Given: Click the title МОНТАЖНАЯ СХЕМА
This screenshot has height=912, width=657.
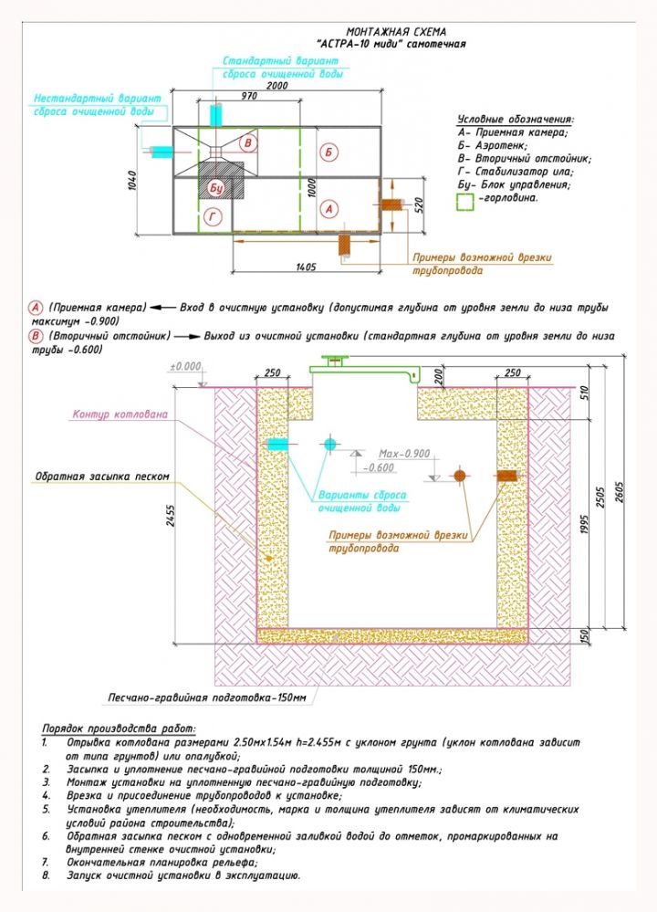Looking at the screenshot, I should point(397,31).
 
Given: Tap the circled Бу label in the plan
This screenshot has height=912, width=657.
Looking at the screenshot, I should point(216,187).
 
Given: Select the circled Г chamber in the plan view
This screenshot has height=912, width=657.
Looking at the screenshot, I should point(212,216).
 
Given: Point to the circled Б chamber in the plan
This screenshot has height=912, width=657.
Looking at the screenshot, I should point(329,152).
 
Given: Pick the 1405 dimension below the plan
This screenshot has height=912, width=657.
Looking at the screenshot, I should point(305,267).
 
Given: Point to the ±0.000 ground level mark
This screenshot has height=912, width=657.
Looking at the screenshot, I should point(185,366).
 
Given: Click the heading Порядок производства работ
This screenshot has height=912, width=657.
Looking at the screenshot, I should point(119,729).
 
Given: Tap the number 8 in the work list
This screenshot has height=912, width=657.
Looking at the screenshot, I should point(46,875).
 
